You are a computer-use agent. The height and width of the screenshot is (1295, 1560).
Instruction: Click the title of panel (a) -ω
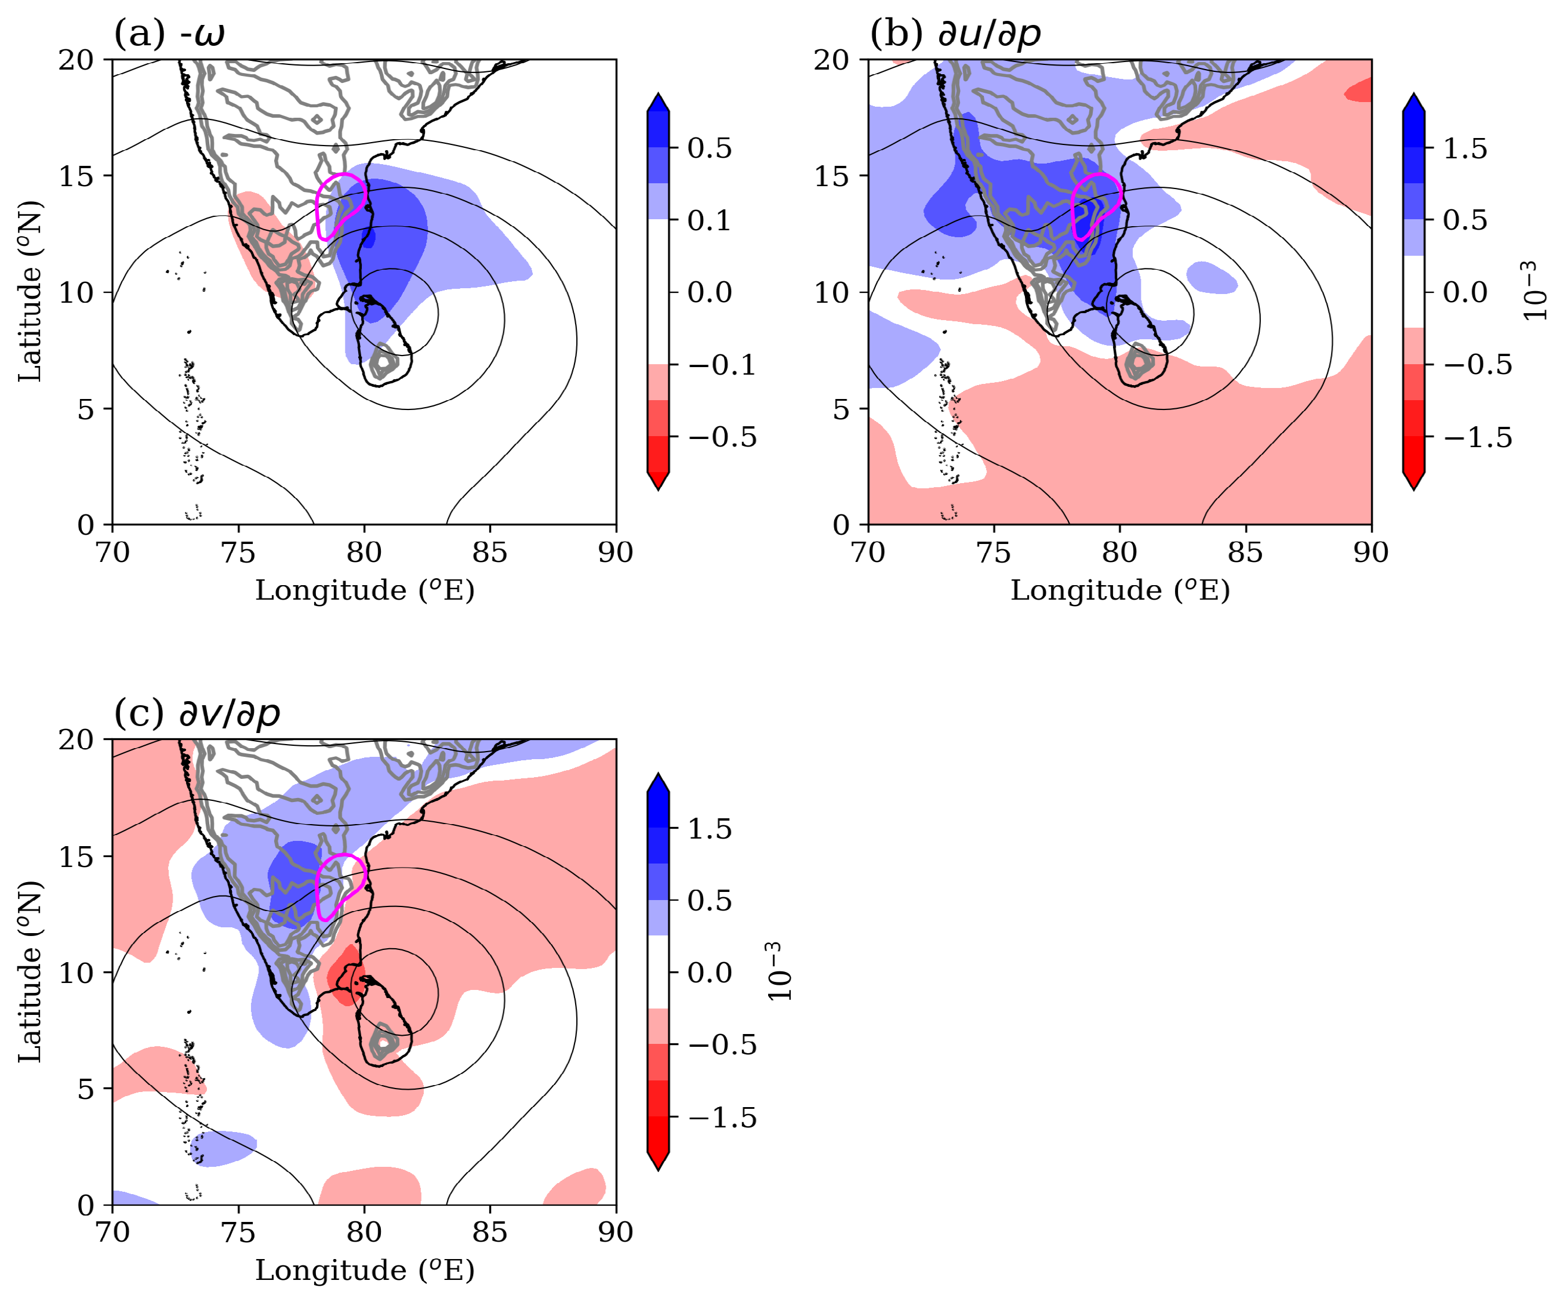pyautogui.click(x=169, y=34)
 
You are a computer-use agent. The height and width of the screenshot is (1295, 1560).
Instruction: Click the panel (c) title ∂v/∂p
pyautogui.click(x=197, y=713)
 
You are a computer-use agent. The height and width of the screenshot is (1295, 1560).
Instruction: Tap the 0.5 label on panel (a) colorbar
pyautogui.click(x=710, y=148)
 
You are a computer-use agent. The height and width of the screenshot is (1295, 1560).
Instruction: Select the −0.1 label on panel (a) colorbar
pyautogui.click(x=721, y=365)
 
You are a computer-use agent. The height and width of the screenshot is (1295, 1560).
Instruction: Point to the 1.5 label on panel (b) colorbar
pyautogui.click(x=1465, y=148)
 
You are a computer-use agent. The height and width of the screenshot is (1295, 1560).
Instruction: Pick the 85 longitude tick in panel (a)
pyautogui.click(x=489, y=553)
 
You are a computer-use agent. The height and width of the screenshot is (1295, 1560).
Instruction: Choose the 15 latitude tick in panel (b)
pyautogui.click(x=831, y=176)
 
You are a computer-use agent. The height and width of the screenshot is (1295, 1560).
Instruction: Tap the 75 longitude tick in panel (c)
pyautogui.click(x=238, y=1232)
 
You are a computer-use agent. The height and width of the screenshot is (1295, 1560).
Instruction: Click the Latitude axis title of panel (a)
pyautogui.click(x=30, y=291)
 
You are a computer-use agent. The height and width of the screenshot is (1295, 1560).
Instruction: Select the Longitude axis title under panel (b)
pyautogui.click(x=1119, y=590)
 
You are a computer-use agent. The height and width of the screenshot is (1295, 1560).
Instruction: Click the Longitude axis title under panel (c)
pyautogui.click(x=364, y=1271)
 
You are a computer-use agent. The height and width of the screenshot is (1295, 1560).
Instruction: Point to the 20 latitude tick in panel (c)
pyautogui.click(x=76, y=740)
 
